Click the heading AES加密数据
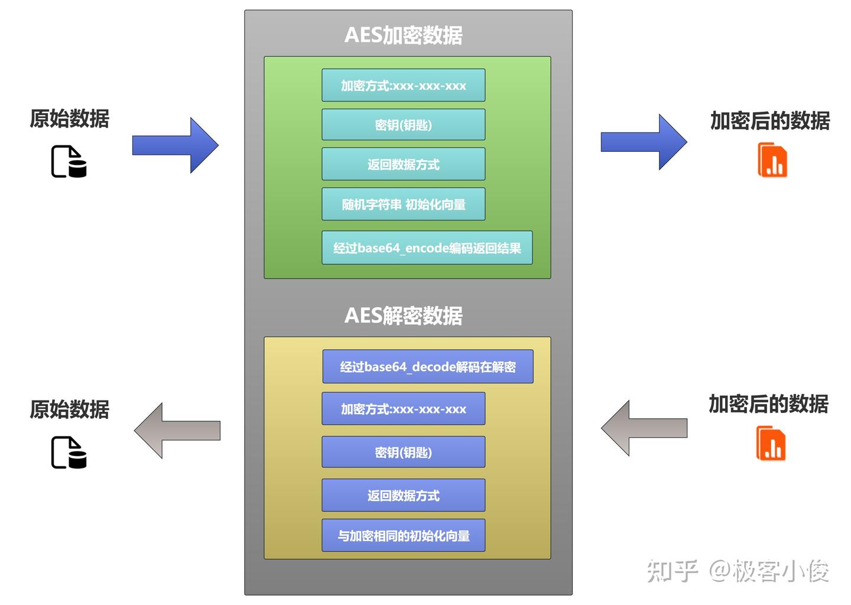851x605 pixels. click(403, 35)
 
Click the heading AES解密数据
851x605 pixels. click(403, 315)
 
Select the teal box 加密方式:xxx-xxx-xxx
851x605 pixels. click(403, 86)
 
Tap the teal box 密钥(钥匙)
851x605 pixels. click(403, 125)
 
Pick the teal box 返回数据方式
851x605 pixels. click(403, 164)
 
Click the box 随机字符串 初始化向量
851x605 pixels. click(403, 204)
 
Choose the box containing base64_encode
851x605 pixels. click(427, 248)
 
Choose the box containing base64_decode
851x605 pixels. click(427, 367)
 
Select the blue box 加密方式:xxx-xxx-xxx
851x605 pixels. click(403, 409)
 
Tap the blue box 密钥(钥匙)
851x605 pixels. click(403, 452)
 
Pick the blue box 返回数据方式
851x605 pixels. click(403, 495)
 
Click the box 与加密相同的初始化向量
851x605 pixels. click(403, 535)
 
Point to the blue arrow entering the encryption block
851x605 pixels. click(176, 145)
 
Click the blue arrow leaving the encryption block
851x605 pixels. click(644, 142)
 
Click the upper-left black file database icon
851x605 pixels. click(69, 161)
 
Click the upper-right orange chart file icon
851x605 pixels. click(772, 160)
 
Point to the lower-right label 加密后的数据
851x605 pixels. click(768, 404)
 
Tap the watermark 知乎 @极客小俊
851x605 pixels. click(738, 571)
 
